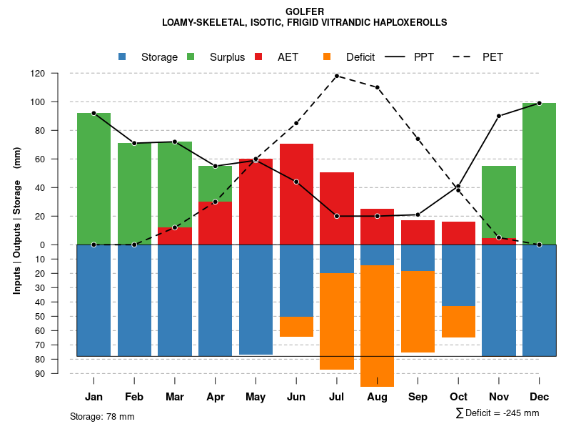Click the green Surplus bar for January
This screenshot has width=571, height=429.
[94, 179]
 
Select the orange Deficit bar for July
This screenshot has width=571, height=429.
[337, 321]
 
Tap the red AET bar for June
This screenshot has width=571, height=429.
[296, 194]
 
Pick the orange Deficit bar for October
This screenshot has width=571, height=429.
[458, 322]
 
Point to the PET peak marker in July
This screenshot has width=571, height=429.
[337, 76]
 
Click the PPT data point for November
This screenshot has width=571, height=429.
[499, 116]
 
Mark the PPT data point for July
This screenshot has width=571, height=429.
[337, 216]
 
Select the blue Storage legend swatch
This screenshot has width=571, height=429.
[123, 56]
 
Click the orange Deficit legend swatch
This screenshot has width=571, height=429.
[328, 56]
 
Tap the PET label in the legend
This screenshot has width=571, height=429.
[492, 57]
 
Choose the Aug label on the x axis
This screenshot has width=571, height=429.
[377, 397]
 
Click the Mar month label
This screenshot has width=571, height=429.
[175, 397]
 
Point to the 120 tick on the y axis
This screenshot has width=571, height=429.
[58, 73]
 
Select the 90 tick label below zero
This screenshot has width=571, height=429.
[59, 373]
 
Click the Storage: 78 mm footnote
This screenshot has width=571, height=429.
[102, 416]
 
